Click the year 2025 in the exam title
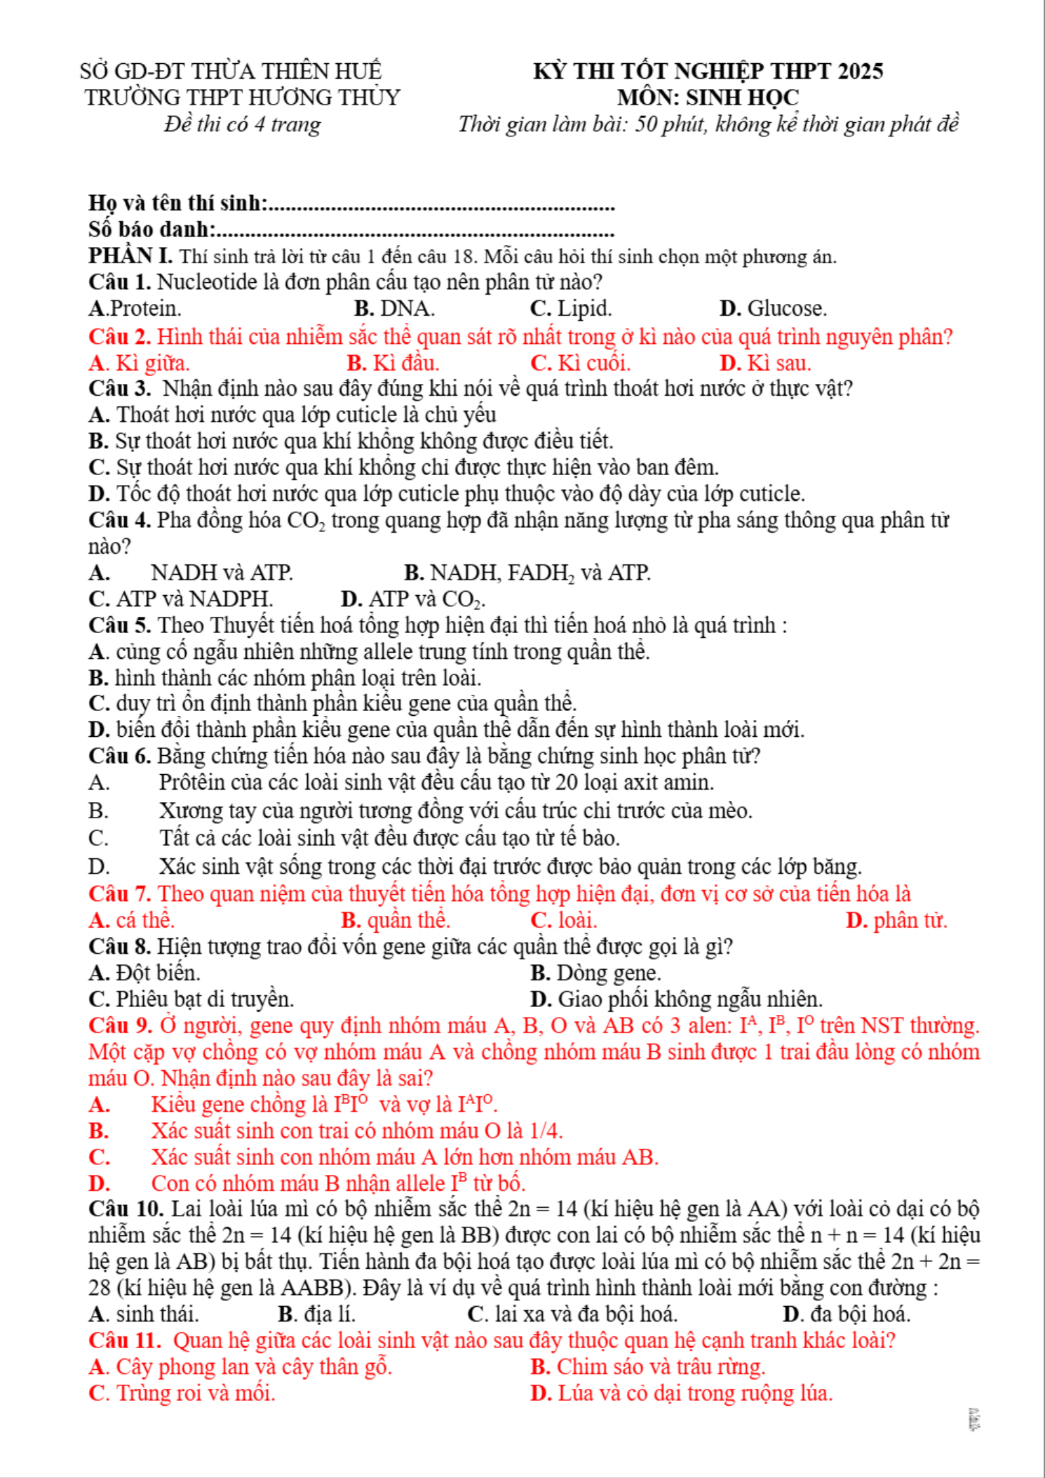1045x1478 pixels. [x=861, y=72]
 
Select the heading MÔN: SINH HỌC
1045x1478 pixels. [x=708, y=98]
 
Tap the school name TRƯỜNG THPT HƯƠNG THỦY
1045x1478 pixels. [x=242, y=98]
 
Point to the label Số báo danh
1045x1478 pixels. [x=151, y=229]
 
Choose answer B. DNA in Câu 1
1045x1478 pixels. [x=394, y=309]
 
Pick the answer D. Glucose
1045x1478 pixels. [x=773, y=309]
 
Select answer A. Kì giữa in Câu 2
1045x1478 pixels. [x=139, y=364]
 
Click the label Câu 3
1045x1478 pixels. [x=119, y=389]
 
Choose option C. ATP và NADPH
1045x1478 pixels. [x=181, y=599]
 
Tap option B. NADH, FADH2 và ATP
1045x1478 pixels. [x=527, y=573]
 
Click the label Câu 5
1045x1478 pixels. [x=119, y=625]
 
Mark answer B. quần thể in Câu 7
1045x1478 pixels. [x=396, y=920]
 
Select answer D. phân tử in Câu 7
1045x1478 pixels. [x=896, y=920]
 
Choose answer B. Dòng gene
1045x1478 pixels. [x=595, y=973]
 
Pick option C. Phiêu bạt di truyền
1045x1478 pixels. [x=191, y=999]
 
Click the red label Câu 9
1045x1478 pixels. [x=120, y=1026]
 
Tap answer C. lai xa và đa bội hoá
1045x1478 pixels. [x=572, y=1314]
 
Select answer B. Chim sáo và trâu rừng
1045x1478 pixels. [x=647, y=1367]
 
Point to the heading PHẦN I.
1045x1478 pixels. [x=130, y=256]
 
